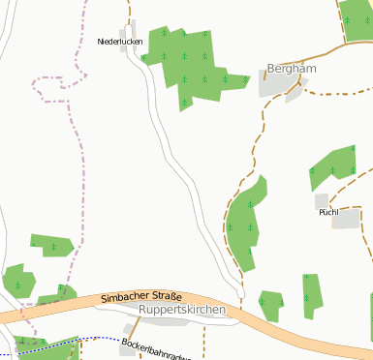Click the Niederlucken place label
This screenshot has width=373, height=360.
(x=121, y=42)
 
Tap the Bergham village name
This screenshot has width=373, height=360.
(x=292, y=70)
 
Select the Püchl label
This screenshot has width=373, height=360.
(x=328, y=211)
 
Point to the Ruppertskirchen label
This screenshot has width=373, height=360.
(x=182, y=310)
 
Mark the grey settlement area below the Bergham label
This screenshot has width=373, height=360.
(x=277, y=85)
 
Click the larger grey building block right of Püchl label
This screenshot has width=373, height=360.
(x=346, y=220)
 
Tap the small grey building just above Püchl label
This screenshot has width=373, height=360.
(x=322, y=199)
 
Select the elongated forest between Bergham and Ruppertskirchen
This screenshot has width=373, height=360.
(x=243, y=223)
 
